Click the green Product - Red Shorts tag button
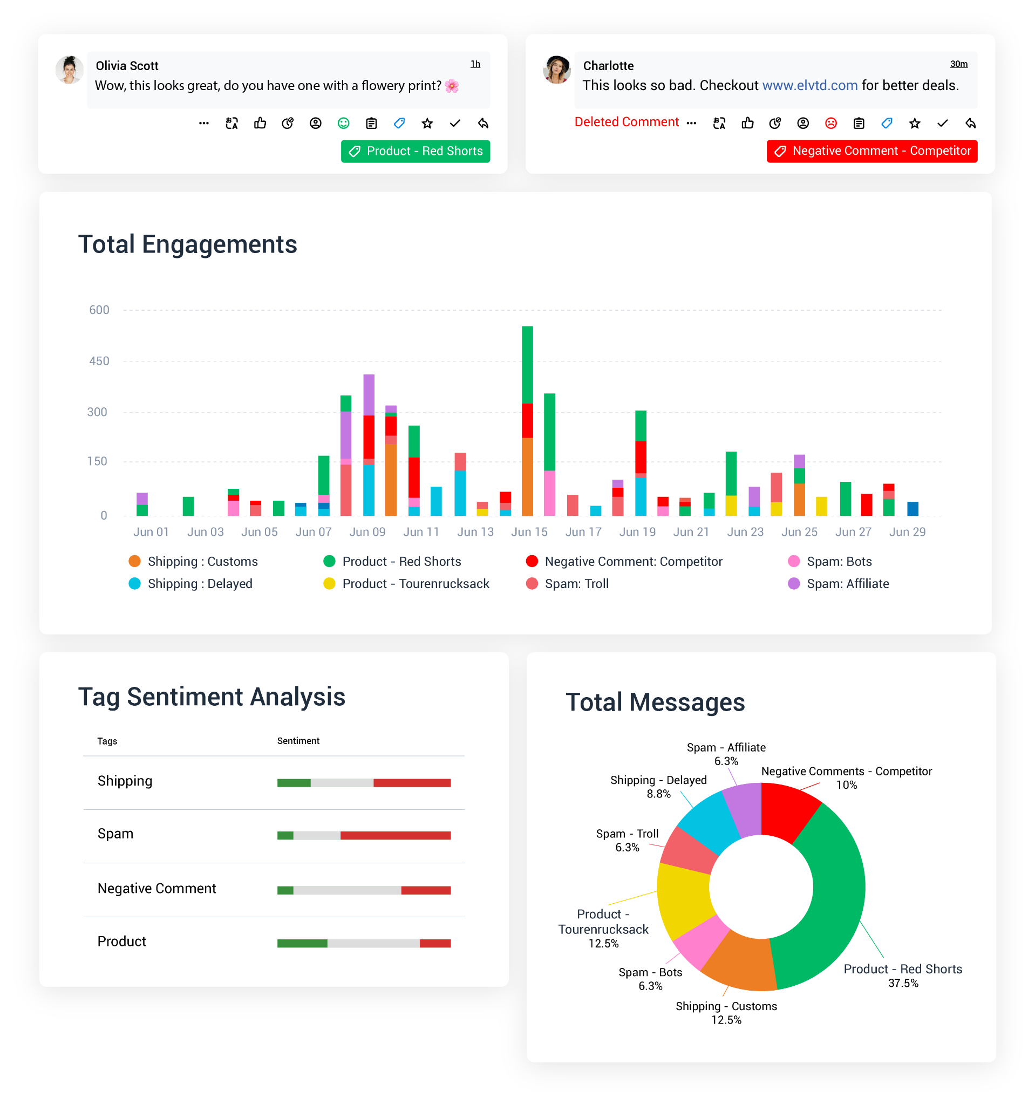tap(415, 151)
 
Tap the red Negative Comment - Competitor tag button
tap(871, 151)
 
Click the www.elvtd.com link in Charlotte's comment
tap(809, 86)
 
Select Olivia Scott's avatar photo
tap(70, 70)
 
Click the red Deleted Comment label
tap(627, 122)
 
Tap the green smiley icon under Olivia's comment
tap(344, 124)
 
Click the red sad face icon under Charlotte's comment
tap(830, 124)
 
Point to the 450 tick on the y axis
tap(99, 361)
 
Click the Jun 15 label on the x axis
tap(529, 532)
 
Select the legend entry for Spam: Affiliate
tap(847, 584)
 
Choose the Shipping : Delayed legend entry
tap(200, 584)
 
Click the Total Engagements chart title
tap(188, 244)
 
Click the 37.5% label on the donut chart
tap(903, 983)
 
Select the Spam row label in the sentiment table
tap(115, 834)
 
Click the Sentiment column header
tap(298, 741)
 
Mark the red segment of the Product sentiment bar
tap(435, 943)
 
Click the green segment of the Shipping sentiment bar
tap(294, 783)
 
